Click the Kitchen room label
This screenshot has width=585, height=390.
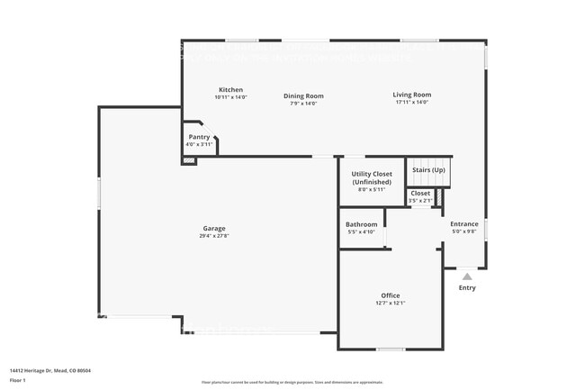click(x=230, y=89)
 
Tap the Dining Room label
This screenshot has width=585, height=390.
click(x=303, y=95)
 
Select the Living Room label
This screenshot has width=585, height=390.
click(x=412, y=95)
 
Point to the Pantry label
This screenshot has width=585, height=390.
click(x=198, y=137)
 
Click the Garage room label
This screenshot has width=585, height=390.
click(x=213, y=228)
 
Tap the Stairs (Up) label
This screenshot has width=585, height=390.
click(x=427, y=169)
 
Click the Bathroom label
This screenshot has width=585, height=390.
click(x=361, y=224)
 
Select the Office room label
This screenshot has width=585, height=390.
click(x=390, y=295)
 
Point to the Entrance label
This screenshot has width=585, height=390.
click(x=464, y=224)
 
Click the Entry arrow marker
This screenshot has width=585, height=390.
click(x=466, y=277)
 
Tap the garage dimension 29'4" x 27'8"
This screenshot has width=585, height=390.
click(x=213, y=236)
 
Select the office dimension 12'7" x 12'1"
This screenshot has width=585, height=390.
click(x=390, y=303)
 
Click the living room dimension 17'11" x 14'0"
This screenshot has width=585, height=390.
click(x=412, y=102)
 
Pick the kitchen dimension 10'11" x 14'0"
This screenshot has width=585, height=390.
click(x=230, y=96)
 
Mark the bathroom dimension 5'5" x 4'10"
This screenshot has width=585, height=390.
click(x=361, y=231)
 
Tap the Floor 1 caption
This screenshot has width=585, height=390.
click(x=19, y=378)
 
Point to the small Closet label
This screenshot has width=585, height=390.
click(x=420, y=193)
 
